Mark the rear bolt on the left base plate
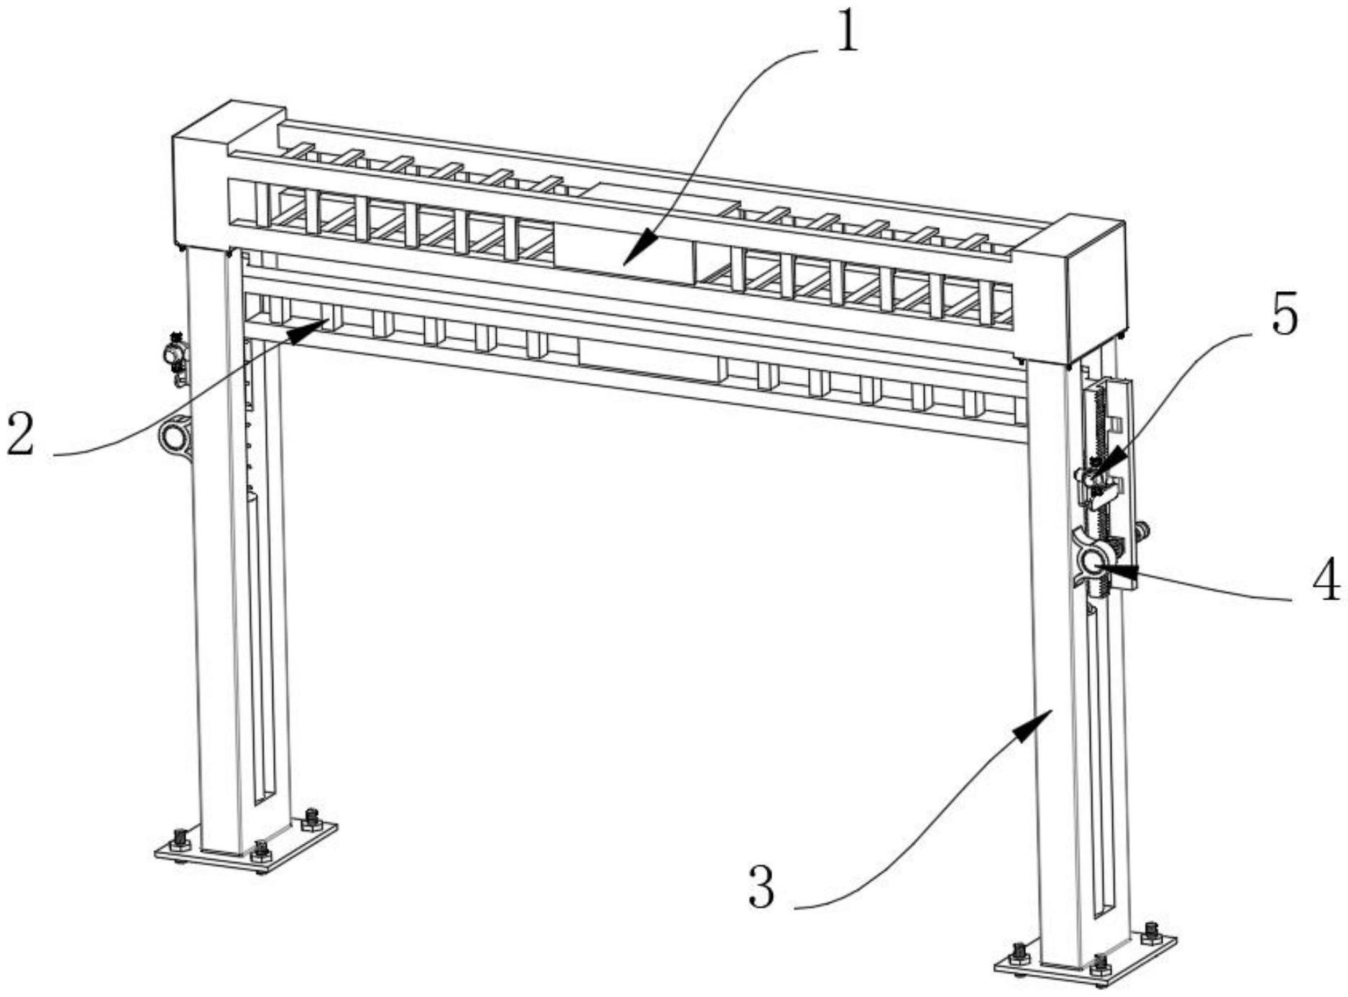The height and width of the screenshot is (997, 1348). pos(311,817)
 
